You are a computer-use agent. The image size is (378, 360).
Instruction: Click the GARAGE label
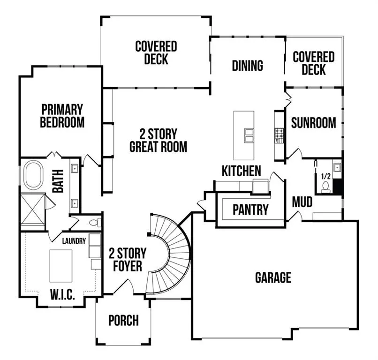[273, 277]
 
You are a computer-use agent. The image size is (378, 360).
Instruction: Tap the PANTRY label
[250, 210]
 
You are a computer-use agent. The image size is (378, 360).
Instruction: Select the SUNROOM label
[313, 123]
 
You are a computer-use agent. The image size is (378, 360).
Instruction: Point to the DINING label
[247, 66]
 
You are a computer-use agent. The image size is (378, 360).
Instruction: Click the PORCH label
[123, 320]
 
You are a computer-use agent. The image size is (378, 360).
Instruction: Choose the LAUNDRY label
[74, 241]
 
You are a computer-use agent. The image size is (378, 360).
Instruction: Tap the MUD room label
[302, 202]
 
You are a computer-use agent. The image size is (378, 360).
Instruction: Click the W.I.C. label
[62, 294]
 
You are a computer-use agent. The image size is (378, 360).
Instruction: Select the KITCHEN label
[242, 171]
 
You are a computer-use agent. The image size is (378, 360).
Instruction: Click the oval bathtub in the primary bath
[33, 175]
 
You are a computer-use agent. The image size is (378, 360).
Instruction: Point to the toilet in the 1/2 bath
[325, 187]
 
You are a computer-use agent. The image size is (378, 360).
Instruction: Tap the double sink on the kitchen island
[249, 135]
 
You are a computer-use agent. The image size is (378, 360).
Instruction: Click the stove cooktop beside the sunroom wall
[280, 135]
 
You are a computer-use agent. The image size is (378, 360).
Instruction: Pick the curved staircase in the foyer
[169, 254]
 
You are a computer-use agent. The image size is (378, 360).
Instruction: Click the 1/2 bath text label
[325, 176]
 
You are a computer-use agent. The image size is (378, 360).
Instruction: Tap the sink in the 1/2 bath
[337, 167]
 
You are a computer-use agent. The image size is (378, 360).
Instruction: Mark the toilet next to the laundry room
[95, 222]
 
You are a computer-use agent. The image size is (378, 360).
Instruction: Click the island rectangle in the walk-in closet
[61, 266]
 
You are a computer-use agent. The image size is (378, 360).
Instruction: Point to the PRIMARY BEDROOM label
[62, 116]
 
